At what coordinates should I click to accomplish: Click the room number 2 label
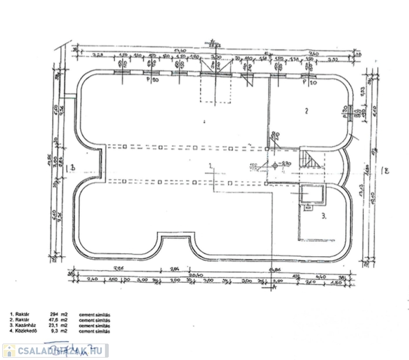[306, 111]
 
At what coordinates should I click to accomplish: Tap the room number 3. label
[324, 216]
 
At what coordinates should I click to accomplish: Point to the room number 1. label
[212, 166]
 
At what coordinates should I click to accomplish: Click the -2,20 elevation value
[285, 163]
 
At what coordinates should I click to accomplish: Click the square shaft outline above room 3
[310, 195]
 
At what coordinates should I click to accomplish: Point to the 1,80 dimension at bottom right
[336, 283]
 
